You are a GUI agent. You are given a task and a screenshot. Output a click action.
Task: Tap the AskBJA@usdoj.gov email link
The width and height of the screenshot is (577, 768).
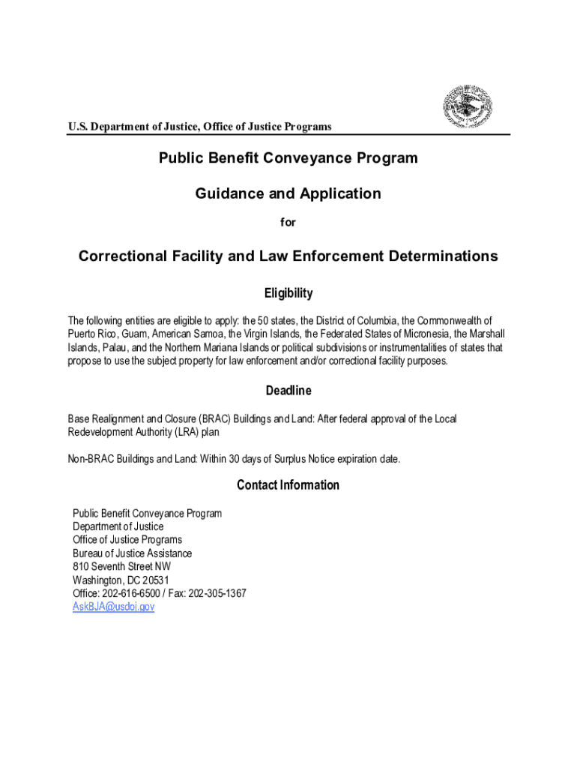pos(113,607)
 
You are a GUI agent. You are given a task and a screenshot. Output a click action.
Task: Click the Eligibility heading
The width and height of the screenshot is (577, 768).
pos(288,293)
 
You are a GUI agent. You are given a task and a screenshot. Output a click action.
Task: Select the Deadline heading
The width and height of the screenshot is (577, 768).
pos(288,391)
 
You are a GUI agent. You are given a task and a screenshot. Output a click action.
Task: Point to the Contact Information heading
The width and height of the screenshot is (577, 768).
pos(288,485)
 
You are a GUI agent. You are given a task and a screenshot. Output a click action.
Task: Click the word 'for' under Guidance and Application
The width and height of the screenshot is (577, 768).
pos(288,222)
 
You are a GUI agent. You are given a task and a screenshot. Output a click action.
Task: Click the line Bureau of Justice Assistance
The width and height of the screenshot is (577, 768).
pos(132,553)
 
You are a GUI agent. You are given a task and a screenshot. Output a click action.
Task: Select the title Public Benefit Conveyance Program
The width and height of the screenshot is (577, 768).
pos(288,158)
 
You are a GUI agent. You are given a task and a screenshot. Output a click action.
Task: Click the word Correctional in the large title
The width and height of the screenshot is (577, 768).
pos(123,256)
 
